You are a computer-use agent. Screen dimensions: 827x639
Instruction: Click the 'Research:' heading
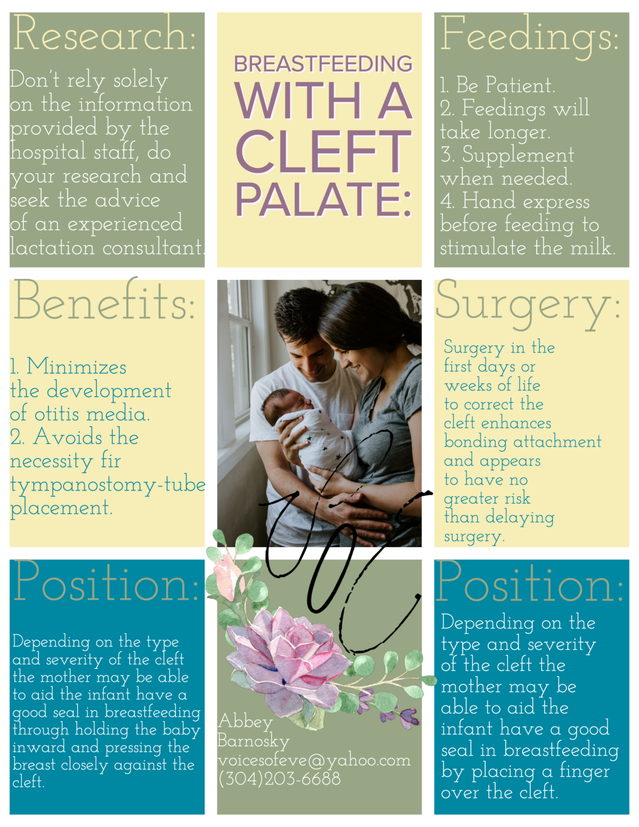(x=104, y=34)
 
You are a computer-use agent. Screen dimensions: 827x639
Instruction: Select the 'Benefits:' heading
(x=104, y=302)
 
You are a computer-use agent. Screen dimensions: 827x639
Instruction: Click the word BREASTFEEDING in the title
(x=323, y=64)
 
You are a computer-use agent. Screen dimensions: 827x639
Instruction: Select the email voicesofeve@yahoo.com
(x=314, y=760)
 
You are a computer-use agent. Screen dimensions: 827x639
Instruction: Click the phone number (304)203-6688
(x=279, y=779)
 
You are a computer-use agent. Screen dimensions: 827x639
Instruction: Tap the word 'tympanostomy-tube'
(x=108, y=485)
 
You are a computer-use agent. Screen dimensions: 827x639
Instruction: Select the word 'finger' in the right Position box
(x=584, y=771)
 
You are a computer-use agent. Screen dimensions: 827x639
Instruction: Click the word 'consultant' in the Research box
(x=152, y=248)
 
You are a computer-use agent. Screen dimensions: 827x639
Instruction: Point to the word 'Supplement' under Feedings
(x=518, y=155)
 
